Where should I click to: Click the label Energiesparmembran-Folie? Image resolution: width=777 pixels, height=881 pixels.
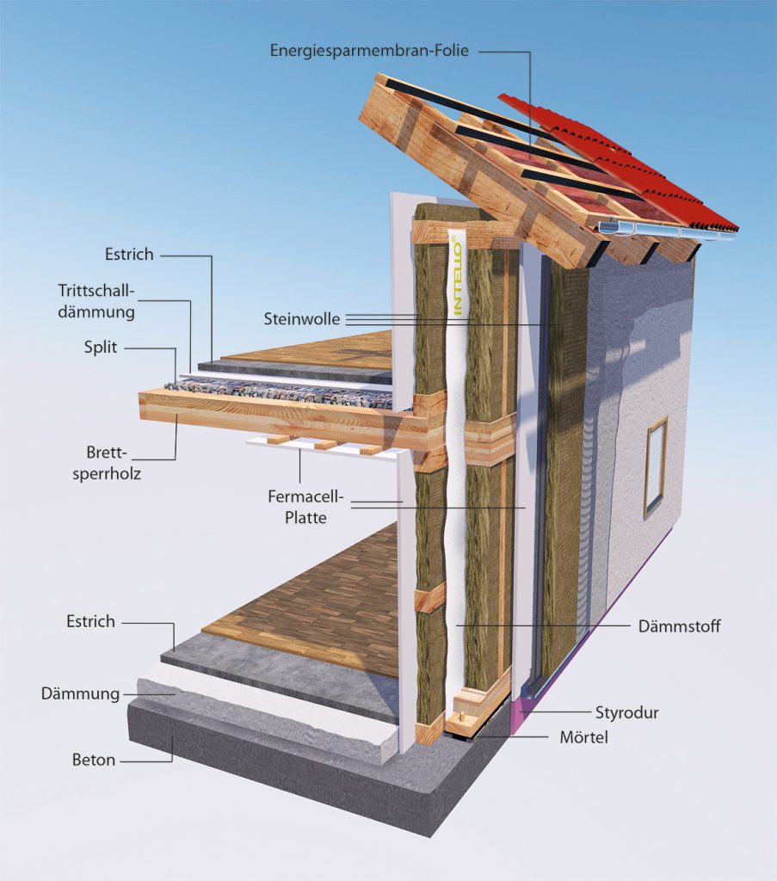[369, 50]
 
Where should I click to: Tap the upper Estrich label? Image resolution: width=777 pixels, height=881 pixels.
[129, 255]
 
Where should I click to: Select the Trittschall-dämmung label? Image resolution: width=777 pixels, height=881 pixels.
[96, 300]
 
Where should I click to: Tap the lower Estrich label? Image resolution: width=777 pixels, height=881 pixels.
[90, 621]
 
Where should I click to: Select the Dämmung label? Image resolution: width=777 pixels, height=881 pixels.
[80, 693]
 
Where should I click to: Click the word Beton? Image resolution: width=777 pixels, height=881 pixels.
[94, 761]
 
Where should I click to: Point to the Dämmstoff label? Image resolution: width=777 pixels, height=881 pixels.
[680, 626]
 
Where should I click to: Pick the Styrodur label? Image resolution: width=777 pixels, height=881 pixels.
[627, 712]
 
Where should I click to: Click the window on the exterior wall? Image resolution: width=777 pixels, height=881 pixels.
[657, 465]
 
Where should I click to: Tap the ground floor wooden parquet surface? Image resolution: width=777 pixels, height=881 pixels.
[318, 602]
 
